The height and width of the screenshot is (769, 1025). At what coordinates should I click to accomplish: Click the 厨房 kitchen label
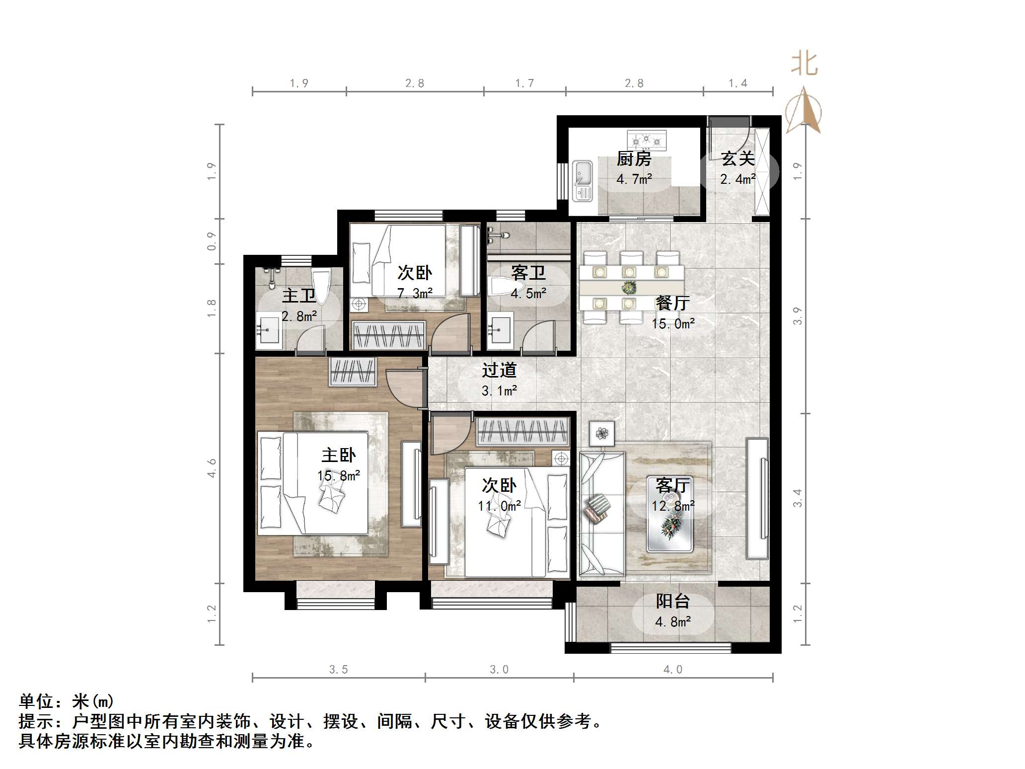(634, 159)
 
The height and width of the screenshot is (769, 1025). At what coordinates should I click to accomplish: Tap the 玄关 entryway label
(737, 159)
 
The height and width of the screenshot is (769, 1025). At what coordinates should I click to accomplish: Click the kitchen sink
(582, 181)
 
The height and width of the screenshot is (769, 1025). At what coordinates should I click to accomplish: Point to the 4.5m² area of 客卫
(528, 294)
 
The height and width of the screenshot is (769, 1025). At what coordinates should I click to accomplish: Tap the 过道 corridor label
(499, 370)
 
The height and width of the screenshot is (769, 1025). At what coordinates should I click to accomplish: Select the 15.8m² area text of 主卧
(339, 475)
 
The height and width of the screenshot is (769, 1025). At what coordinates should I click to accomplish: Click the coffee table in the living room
(669, 528)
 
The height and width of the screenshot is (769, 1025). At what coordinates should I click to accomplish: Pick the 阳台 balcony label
(673, 601)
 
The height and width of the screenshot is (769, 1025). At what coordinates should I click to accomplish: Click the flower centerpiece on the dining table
(629, 287)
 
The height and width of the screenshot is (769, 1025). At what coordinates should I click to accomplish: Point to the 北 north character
(804, 65)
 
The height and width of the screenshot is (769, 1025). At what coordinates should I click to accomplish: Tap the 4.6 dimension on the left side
(212, 468)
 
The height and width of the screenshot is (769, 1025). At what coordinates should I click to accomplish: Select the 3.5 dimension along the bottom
(339, 670)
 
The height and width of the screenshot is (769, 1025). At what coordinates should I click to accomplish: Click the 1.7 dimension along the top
(524, 83)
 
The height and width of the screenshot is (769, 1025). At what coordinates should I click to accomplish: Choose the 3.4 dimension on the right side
(798, 498)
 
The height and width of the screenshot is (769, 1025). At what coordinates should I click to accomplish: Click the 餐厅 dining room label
(672, 303)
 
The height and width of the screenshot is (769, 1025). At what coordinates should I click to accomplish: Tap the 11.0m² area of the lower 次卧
(499, 506)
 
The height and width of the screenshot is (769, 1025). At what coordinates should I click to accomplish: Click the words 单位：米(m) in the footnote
(66, 701)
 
